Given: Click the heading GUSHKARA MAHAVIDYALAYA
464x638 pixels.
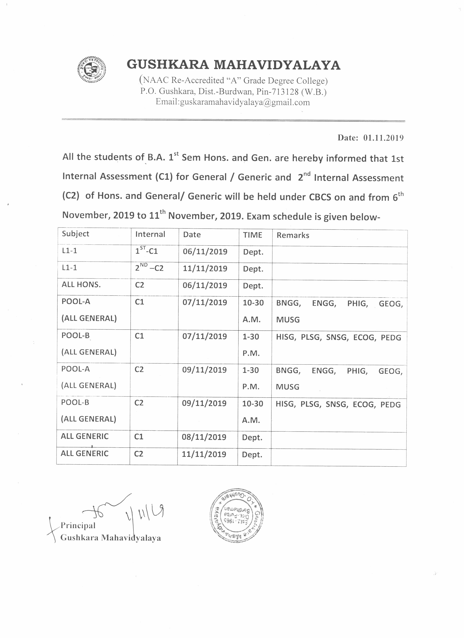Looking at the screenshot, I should coord(234,65).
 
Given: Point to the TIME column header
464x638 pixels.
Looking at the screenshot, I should coord(252,235).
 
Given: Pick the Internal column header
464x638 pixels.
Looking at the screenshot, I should coord(150,234).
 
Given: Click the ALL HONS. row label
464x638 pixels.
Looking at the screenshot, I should coord(81,284).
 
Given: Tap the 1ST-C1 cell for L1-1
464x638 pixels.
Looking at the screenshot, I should coord(146,250).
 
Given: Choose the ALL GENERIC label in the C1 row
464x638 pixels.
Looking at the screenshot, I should coord(84,436).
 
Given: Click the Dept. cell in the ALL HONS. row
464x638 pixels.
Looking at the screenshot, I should coord(253,286).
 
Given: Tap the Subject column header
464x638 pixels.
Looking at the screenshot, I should coord(75,234).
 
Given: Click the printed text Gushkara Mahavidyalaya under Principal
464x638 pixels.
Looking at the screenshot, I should coord(111,538).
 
